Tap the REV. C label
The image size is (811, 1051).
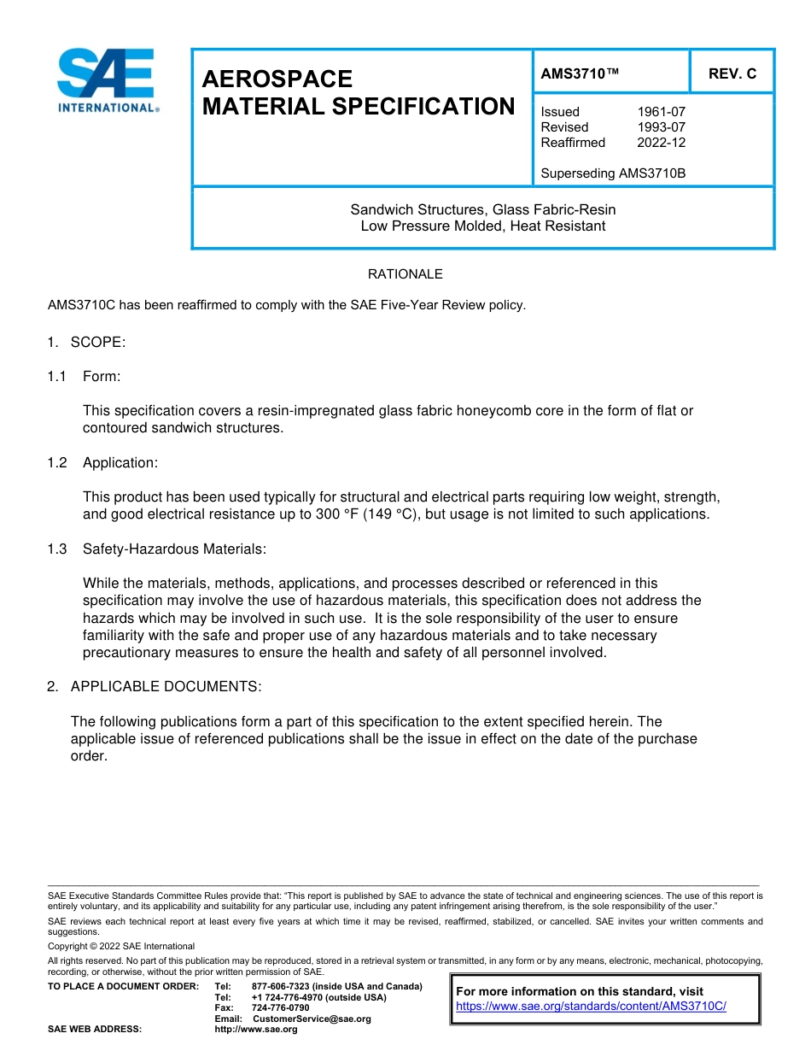coord(732,74)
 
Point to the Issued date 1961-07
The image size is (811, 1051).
coord(661,112)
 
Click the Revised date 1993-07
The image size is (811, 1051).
coord(661,127)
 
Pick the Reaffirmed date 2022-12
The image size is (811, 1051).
coord(661,143)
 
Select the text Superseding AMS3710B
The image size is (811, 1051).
coord(613,173)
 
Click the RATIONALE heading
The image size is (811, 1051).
coord(405,274)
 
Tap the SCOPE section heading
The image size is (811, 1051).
coord(97,342)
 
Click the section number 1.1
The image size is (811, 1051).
coord(57,376)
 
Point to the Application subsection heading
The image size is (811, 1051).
coord(120,462)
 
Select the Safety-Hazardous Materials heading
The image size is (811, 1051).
coord(174,549)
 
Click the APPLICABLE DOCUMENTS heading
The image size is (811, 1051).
coord(166,686)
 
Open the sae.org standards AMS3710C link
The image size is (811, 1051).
coord(591,1007)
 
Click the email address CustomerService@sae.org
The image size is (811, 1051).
coord(312,1019)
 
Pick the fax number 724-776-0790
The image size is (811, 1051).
coord(280,1008)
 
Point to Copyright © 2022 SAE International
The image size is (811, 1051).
coord(121,946)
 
